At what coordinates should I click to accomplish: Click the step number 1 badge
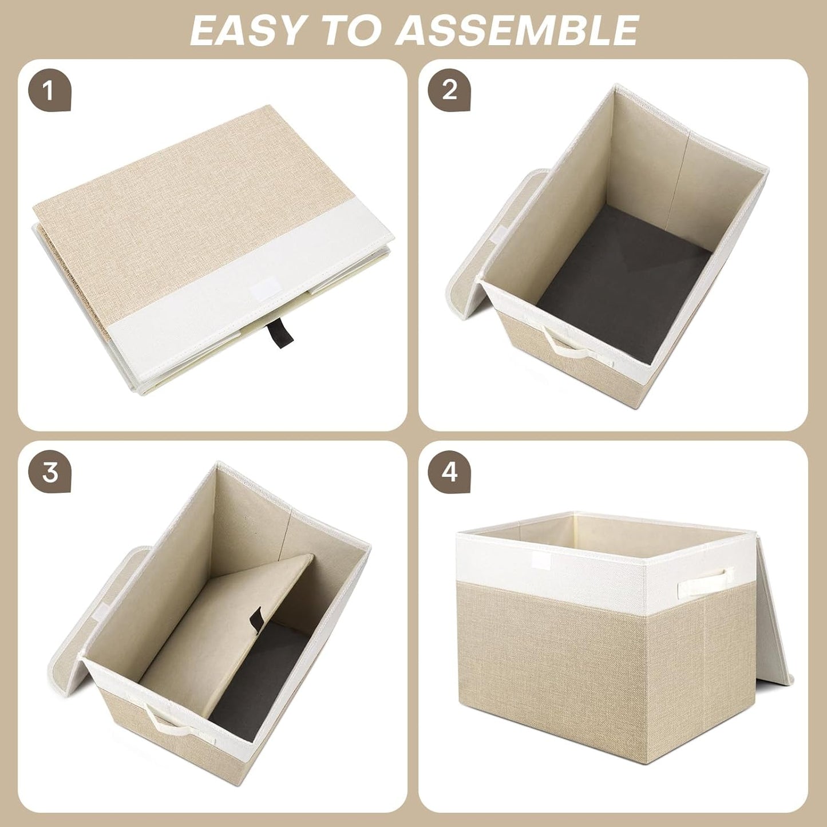pyautogui.click(x=49, y=91)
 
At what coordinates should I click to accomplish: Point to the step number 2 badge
pyautogui.click(x=450, y=91)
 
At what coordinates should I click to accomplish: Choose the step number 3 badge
pyautogui.click(x=50, y=473)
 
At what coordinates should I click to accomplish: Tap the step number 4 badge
pyautogui.click(x=450, y=473)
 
